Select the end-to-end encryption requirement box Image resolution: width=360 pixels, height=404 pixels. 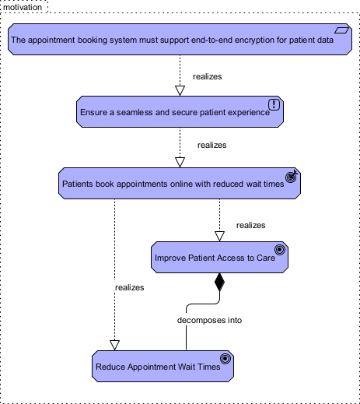click(180, 40)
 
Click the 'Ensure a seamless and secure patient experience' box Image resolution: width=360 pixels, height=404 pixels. click(180, 112)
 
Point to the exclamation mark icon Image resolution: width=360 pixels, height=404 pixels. click(274, 104)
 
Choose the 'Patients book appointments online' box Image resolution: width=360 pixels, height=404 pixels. click(180, 184)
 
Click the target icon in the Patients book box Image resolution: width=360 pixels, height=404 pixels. click(291, 176)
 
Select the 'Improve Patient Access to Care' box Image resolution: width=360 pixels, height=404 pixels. click(219, 257)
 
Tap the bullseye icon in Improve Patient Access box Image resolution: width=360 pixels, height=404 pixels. click(280, 249)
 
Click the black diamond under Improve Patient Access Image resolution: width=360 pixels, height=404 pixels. click(219, 282)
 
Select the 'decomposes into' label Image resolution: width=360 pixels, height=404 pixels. click(204, 320)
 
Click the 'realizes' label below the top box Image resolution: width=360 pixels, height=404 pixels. click(206, 77)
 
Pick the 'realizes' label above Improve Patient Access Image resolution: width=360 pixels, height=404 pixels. click(250, 225)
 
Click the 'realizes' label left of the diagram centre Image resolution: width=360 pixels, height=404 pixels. click(130, 287)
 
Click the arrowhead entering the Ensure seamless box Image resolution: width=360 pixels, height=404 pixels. click(180, 90)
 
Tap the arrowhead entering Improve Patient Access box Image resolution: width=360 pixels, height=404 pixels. click(219, 235)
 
